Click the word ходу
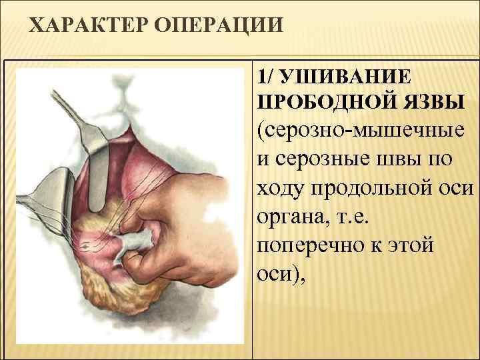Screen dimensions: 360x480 coord(280,189)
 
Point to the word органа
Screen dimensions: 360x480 coord(287,218)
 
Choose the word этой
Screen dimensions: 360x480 coord(413,246)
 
